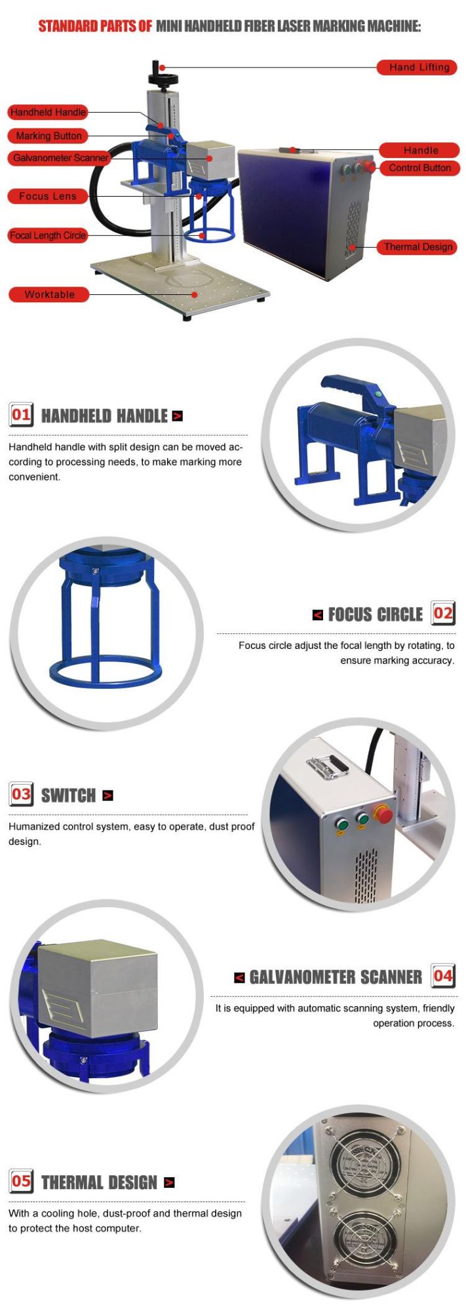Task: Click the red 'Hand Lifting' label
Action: (x=417, y=67)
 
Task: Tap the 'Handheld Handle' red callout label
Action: (x=48, y=112)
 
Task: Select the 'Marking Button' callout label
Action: (x=48, y=136)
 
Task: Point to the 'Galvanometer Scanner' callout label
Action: (x=60, y=158)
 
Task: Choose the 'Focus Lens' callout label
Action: (x=47, y=196)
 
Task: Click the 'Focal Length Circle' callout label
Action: (x=48, y=235)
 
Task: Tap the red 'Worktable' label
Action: (x=49, y=294)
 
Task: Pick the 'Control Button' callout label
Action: (x=419, y=168)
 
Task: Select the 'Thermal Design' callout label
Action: (x=417, y=247)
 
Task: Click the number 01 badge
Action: (x=21, y=414)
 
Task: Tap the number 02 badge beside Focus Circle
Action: (x=443, y=614)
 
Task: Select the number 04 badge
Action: (x=443, y=976)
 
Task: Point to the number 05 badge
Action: (x=21, y=1181)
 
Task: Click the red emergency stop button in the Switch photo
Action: (x=383, y=815)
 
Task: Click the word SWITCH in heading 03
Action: (x=68, y=795)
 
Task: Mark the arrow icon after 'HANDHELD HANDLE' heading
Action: (x=177, y=416)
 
